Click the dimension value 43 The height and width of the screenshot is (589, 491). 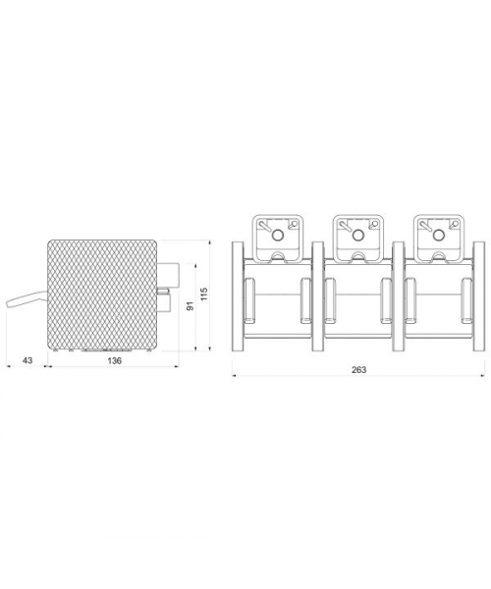27,360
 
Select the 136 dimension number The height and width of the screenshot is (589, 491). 114,360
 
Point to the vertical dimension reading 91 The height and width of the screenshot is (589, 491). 191,305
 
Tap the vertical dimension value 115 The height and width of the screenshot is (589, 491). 204,294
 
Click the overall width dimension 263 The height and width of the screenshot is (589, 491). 358,370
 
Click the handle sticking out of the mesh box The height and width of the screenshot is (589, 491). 27,299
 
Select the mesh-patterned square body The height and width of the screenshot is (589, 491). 102,294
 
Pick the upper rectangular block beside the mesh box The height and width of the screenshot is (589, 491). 168,274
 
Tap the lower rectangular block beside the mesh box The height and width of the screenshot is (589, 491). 164,302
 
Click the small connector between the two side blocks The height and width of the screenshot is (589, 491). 163,290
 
